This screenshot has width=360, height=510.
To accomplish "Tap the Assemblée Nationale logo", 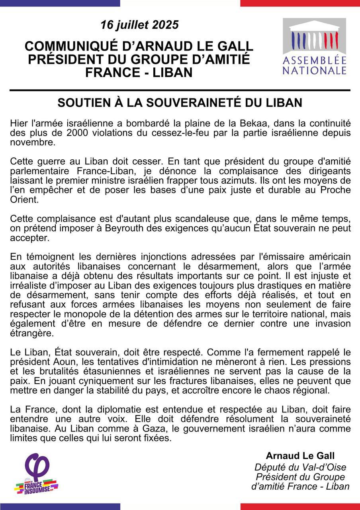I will click(x=314, y=47).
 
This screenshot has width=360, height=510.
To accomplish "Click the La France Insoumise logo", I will click(x=37, y=474).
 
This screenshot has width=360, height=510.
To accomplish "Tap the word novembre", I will click(x=28, y=142).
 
